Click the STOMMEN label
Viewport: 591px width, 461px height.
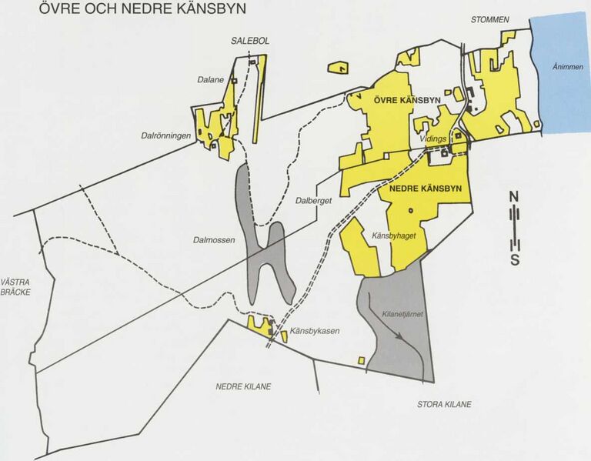click(490, 19)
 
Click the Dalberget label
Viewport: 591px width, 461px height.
click(313, 201)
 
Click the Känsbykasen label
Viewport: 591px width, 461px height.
click(315, 332)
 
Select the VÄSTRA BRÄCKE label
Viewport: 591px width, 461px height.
click(19, 287)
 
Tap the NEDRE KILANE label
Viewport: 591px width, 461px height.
click(243, 386)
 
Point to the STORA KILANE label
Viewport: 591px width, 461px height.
click(444, 404)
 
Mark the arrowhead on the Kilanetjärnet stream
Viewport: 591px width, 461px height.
click(399, 335)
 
